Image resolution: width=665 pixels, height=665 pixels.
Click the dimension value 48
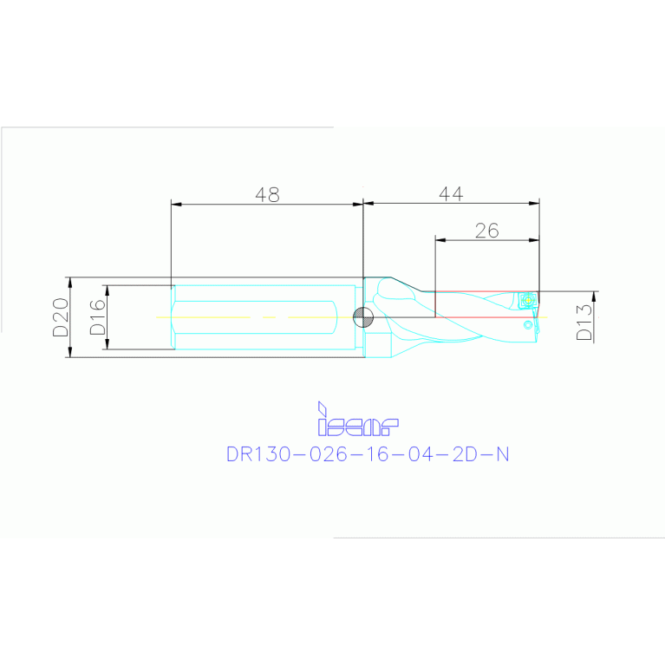point(268,195)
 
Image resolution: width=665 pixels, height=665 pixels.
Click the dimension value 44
point(450,195)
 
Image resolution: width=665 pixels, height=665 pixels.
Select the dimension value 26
point(486,230)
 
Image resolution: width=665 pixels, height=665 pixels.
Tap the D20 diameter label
point(59,318)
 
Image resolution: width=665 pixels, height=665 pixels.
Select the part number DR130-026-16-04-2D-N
point(368,454)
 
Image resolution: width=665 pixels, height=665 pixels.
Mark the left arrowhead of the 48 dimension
point(176,205)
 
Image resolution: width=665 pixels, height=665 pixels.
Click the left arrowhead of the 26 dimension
point(439,239)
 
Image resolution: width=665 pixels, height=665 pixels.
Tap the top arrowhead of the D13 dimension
point(595,296)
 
